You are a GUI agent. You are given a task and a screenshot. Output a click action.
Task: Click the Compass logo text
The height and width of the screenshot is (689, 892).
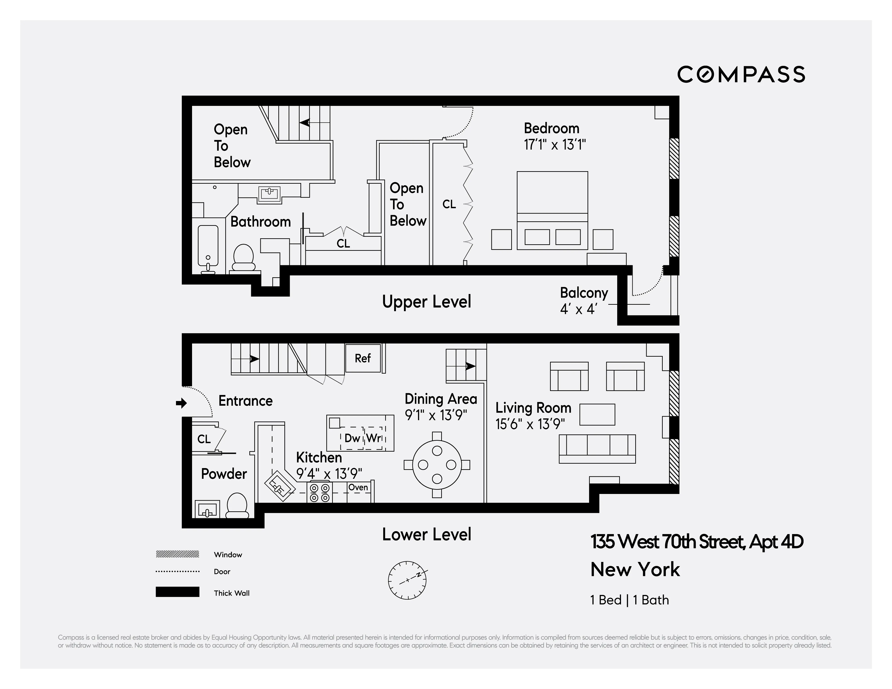741,75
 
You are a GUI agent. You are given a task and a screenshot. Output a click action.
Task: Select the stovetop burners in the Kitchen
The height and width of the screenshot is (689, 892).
320,493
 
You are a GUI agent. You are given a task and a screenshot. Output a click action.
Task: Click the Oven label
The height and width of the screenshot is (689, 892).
358,487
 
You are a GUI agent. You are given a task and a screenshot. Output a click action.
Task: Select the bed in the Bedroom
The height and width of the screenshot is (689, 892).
552,210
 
